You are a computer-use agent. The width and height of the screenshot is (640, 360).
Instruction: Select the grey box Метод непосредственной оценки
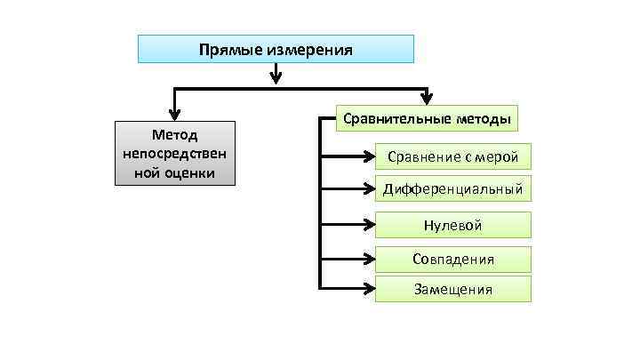(175, 153)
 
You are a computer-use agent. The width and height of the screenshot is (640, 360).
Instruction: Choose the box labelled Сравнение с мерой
(452, 157)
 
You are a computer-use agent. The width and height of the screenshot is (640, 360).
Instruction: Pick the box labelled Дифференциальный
(452, 189)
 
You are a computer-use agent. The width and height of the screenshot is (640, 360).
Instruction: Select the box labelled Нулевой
(452, 226)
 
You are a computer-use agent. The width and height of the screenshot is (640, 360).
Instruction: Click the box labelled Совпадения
(452, 260)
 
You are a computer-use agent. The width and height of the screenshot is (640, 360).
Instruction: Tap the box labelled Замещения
(452, 289)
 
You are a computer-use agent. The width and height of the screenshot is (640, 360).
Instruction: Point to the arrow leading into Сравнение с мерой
(367, 157)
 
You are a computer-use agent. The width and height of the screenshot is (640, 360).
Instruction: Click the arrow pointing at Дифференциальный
(367, 189)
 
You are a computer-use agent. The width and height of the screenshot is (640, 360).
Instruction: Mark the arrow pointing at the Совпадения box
(367, 260)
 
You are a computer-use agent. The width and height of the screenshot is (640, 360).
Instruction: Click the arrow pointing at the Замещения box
(367, 289)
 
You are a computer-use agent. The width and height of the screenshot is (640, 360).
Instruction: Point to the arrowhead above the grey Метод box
(175, 112)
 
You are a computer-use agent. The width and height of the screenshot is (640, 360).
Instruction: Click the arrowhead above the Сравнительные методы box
(428, 99)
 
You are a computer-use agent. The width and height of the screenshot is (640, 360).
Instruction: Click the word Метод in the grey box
(175, 134)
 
